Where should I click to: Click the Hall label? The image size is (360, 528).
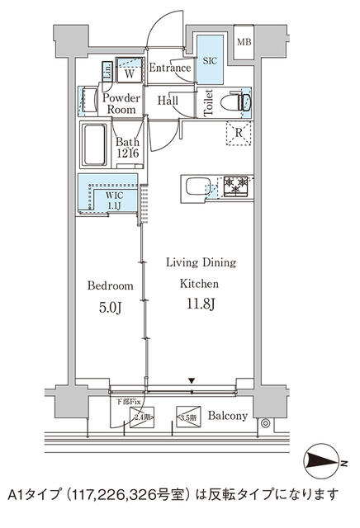click(x=168, y=101)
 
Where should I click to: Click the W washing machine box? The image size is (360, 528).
click(x=130, y=71)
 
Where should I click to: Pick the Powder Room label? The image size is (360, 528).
click(x=121, y=103)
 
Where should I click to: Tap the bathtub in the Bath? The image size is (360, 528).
click(x=93, y=145)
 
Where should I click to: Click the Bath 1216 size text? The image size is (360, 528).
click(x=127, y=148)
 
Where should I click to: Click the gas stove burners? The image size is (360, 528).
click(x=235, y=186)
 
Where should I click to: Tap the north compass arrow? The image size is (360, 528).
click(x=324, y=459)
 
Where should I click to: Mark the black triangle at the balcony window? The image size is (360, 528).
click(x=192, y=380)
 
